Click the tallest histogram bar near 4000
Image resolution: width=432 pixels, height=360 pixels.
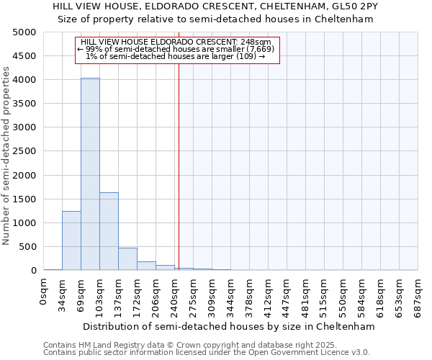(x=90, y=174)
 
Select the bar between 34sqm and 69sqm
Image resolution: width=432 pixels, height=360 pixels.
(x=71, y=240)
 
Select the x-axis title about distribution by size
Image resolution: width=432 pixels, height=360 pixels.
(x=229, y=326)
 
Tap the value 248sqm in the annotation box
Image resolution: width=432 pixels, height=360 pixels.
(x=256, y=42)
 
